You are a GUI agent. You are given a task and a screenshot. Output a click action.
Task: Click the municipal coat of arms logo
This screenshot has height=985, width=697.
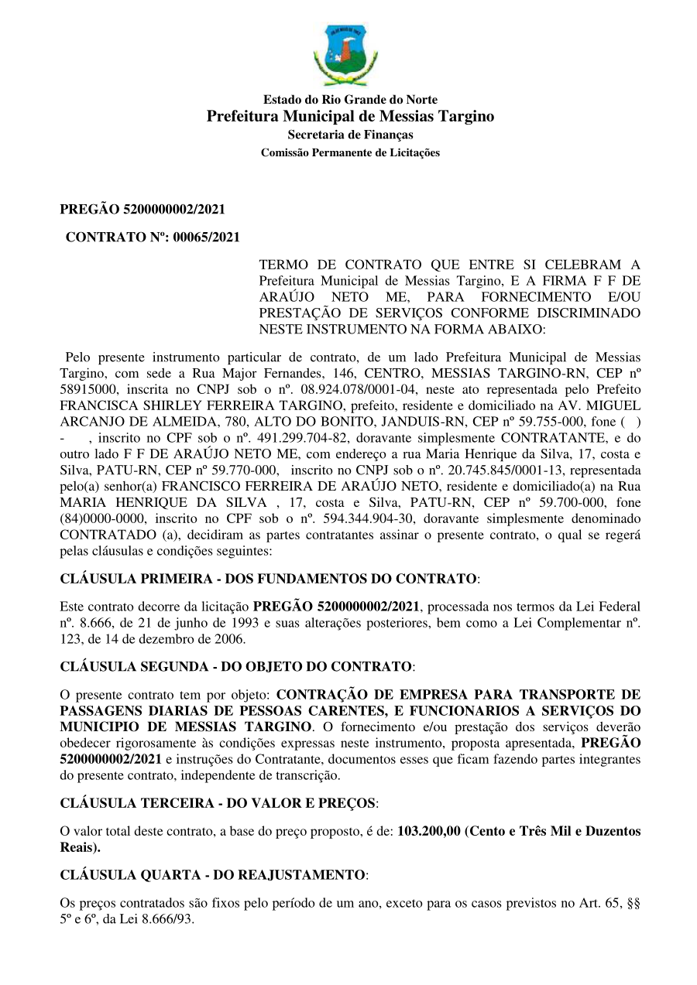(x=345, y=54)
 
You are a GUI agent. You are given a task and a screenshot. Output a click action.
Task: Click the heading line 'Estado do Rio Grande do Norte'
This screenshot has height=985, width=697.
(x=350, y=100)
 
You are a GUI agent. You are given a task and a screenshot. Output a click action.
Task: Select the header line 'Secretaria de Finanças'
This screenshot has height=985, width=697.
(x=350, y=135)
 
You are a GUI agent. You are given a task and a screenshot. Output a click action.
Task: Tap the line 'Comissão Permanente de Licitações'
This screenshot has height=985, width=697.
(x=350, y=153)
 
